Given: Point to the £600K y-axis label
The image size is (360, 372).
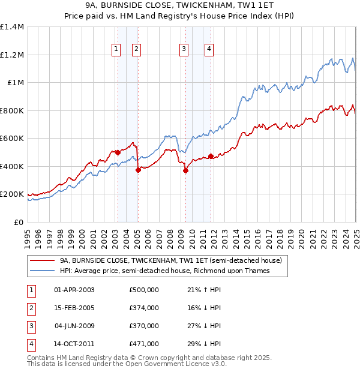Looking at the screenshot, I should click(x=13, y=139).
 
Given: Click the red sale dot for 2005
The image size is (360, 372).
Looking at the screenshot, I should click(x=138, y=170).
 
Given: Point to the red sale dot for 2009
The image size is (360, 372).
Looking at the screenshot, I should click(x=185, y=170).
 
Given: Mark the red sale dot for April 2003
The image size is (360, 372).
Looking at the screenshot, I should click(x=118, y=152).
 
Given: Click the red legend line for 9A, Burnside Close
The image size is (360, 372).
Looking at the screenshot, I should click(x=42, y=260).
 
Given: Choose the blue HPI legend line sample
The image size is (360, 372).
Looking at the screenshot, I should click(x=42, y=271).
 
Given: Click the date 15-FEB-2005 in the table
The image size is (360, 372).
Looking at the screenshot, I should click(x=74, y=308).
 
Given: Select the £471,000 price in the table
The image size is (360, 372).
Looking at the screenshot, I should click(x=144, y=344).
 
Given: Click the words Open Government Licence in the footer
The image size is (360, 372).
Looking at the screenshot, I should click(x=170, y=364).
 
